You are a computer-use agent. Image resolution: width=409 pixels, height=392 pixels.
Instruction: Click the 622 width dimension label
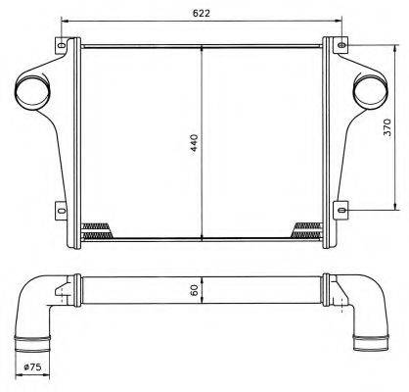[202, 13]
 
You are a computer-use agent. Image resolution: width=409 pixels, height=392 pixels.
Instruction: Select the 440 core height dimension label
[195, 143]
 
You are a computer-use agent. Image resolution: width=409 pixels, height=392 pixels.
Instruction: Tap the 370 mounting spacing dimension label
[386, 127]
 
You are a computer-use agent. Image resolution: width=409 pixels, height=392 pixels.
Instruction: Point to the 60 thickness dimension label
[195, 290]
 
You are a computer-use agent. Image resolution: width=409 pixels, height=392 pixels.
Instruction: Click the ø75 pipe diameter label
[32, 367]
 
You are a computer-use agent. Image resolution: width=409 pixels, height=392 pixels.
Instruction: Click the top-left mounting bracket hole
[62, 45]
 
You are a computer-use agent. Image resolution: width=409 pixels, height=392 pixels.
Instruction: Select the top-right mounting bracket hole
[341, 45]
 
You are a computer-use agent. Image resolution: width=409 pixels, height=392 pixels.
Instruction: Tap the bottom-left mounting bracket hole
[62, 210]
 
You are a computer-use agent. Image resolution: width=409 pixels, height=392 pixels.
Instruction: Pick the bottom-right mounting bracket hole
[341, 210]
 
